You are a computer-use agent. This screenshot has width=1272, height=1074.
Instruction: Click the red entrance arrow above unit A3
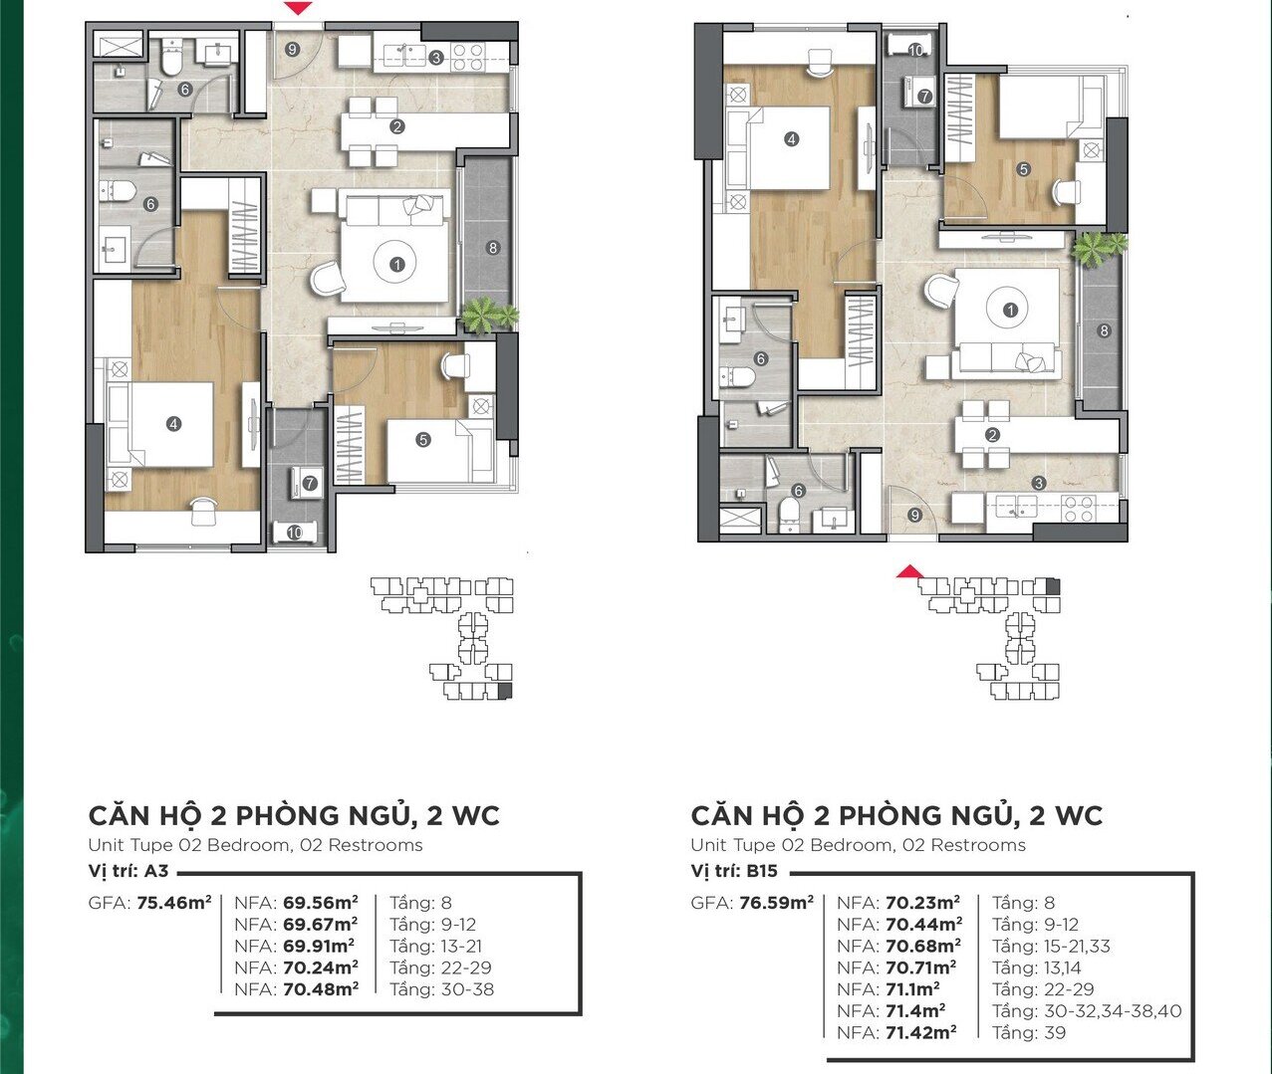(299, 8)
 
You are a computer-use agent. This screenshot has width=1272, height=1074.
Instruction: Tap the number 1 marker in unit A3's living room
(397, 265)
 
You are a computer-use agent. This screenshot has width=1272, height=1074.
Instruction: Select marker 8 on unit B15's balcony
(1104, 331)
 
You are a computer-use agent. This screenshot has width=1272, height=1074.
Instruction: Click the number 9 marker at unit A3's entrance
(293, 50)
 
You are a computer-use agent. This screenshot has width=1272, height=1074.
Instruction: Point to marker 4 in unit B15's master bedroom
(791, 139)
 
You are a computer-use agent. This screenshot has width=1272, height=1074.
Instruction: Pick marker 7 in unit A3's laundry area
(310, 484)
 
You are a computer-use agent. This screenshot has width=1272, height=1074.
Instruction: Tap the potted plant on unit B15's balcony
(1100, 247)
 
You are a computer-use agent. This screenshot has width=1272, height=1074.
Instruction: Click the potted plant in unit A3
(490, 316)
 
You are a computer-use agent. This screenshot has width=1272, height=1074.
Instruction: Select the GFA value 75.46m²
(174, 903)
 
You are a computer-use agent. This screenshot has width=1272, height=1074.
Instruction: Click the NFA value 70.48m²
(321, 988)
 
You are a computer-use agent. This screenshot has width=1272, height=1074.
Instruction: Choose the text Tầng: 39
(1029, 1032)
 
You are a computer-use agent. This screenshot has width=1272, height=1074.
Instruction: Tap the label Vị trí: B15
(734, 871)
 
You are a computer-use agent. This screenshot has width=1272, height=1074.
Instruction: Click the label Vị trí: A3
(127, 871)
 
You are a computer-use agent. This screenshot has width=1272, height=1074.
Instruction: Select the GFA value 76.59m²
(777, 903)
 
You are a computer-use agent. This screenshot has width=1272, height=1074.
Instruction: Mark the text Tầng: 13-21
(435, 946)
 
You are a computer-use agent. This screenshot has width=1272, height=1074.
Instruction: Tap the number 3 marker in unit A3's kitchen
(435, 58)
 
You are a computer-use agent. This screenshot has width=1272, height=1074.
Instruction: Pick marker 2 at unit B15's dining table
(992, 435)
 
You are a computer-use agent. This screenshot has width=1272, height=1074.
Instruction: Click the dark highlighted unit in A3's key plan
(505, 691)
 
